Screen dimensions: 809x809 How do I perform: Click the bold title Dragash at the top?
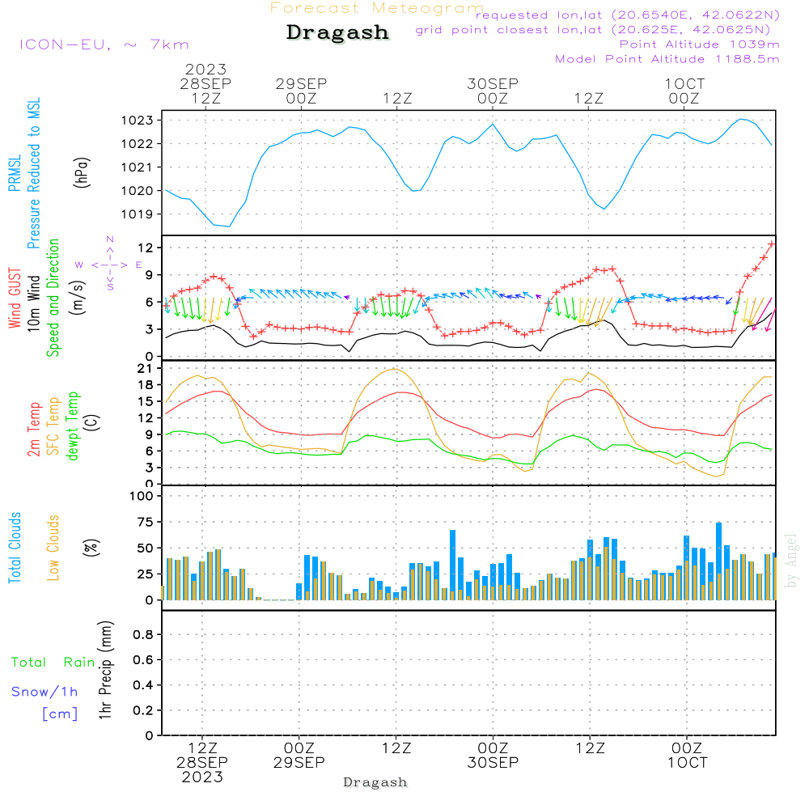[337, 33]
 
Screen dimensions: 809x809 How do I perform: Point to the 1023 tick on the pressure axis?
[137, 121]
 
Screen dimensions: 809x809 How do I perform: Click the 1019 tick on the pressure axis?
[137, 214]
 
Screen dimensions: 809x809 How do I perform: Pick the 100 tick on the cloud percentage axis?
[142, 495]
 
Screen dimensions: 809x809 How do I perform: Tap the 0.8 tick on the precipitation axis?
[143, 635]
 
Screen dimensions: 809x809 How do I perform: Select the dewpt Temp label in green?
[73, 426]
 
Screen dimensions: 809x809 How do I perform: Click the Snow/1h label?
[45, 692]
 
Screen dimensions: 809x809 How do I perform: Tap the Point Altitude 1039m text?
[700, 44]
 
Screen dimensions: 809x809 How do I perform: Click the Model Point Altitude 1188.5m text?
[667, 59]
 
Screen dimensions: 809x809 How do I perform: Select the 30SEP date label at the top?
[492, 84]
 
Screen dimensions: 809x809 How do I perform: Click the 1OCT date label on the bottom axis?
[687, 763]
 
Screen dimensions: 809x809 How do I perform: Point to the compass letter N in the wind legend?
[109, 240]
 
